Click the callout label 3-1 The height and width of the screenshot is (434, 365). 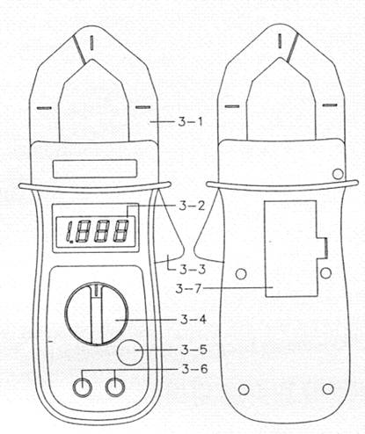[x=190, y=122]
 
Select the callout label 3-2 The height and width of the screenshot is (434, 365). [x=192, y=206]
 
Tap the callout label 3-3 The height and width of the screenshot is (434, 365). [x=193, y=270]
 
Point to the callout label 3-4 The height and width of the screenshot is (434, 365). [x=193, y=319]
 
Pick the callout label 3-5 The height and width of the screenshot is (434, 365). [x=194, y=350]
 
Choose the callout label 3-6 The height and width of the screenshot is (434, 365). [x=194, y=369]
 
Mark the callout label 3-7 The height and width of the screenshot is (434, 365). [x=189, y=289]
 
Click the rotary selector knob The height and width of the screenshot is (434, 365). [x=97, y=314]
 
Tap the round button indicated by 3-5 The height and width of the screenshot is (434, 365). [x=130, y=351]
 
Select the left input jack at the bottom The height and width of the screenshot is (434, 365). [x=83, y=387]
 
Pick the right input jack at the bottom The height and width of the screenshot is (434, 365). [x=115, y=387]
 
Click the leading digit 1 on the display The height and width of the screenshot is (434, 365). [x=69, y=232]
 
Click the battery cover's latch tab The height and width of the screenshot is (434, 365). [x=322, y=248]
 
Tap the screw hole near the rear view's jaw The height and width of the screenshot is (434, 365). [x=338, y=174]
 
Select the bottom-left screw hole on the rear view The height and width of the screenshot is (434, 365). [x=244, y=390]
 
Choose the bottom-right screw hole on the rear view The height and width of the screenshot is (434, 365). [x=328, y=389]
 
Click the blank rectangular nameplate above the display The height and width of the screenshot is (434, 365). [x=95, y=169]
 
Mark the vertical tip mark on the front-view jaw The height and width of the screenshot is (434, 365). [x=92, y=42]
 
